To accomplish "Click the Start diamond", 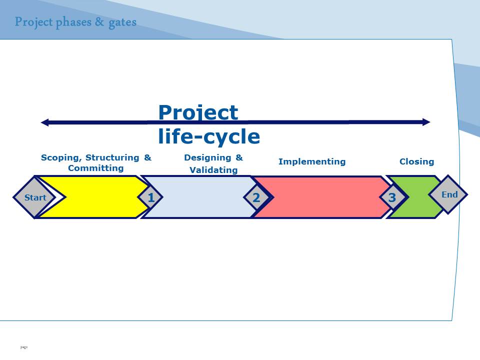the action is point(34,197).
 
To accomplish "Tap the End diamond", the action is point(448,194).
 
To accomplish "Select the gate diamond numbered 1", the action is point(150,197).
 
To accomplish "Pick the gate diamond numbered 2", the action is point(256,197).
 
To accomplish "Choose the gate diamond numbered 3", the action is point(392,197).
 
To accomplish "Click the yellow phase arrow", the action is point(98,197).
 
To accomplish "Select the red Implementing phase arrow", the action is point(321,197).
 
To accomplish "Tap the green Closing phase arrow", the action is point(416,197).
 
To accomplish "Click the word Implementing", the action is point(312,161).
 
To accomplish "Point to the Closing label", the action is point(416,161).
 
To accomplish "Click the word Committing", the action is point(96,168).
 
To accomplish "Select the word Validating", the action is point(213,170).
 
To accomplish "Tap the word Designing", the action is point(207,157).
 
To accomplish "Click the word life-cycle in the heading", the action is point(209,136).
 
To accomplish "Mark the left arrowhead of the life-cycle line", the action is point(44,122).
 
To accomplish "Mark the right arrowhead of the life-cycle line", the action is point(426,122).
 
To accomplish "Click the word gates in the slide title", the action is point(122,22).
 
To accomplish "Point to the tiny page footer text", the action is point(24,347).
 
